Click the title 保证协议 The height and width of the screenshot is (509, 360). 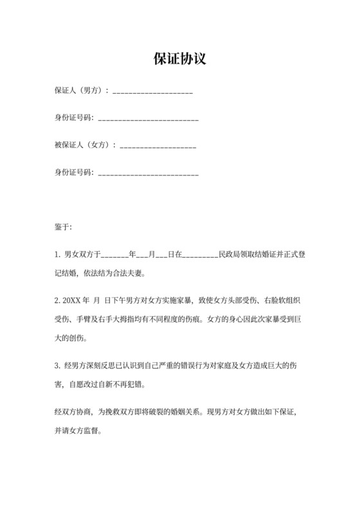pyautogui.click(x=180, y=58)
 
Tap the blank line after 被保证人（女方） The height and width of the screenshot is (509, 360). pyautogui.click(x=157, y=146)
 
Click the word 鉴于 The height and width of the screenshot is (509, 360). pyautogui.click(x=62, y=227)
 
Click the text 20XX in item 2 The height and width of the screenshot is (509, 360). pyautogui.click(x=73, y=300)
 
